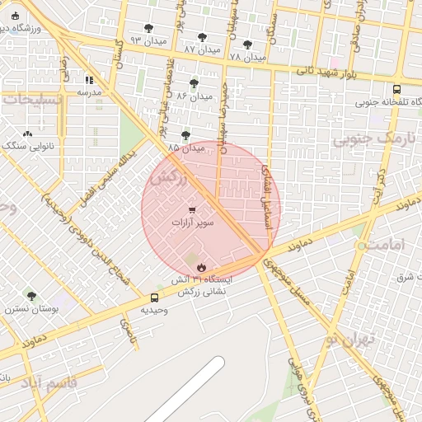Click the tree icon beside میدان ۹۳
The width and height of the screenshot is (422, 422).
point(148,28)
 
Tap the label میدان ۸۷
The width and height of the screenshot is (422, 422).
point(202,49)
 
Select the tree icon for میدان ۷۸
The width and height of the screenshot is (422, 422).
point(247,45)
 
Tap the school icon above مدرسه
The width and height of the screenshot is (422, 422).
point(89,80)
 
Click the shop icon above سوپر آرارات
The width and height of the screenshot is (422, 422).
point(193,210)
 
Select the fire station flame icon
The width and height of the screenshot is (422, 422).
point(201,266)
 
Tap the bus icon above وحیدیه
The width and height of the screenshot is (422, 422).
point(154,298)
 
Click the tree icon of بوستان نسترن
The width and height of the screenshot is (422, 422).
point(31,296)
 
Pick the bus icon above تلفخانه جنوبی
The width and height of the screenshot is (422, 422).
point(397,89)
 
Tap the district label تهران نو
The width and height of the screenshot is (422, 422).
point(350,338)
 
